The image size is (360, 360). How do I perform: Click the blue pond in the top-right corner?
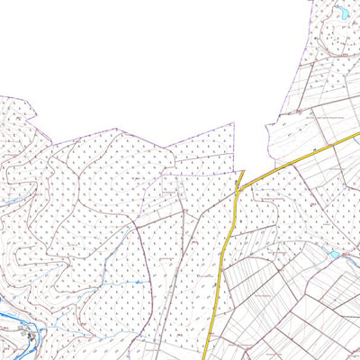pos(343,13)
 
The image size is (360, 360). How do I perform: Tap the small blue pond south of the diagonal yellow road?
pos(335,255)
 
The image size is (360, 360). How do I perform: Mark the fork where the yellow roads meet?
pos(238,188)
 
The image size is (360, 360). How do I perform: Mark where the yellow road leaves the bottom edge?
pos(206,358)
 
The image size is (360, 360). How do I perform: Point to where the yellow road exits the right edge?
pos(357,133)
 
